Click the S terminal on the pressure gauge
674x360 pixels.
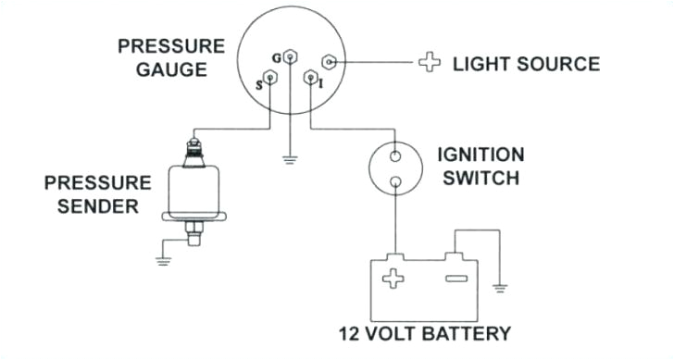(269, 79)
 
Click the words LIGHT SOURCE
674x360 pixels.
(526, 64)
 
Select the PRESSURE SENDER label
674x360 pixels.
(98, 192)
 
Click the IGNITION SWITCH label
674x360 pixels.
(481, 165)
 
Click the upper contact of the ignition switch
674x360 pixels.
(395, 155)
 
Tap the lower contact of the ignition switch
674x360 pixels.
(395, 181)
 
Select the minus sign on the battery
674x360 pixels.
(453, 277)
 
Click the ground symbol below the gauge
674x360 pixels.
(291, 158)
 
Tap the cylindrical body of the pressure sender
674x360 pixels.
(193, 190)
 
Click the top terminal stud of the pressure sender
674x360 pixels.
(194, 143)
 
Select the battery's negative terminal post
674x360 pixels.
(453, 254)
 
